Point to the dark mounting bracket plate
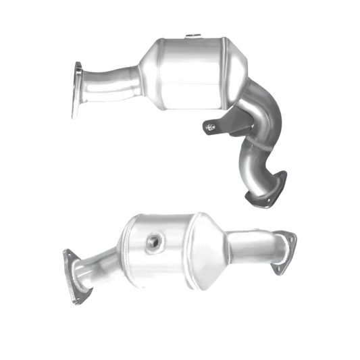pos(233,126)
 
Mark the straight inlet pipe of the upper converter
pos(111,80)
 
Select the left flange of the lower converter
pos(70,267)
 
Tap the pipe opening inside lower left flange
pos(72,265)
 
